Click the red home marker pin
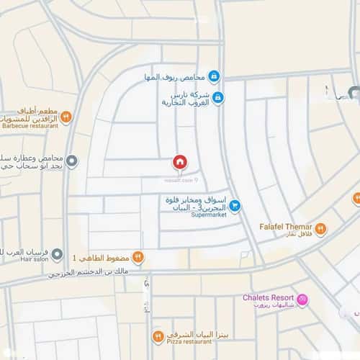[179, 162]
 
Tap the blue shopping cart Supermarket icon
[235, 205]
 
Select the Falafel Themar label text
[285, 226]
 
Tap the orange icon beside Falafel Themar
[320, 230]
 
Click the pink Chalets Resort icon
[303, 299]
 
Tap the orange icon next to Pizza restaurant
[158, 337]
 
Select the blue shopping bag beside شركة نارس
[217, 98]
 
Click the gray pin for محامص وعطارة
[71, 161]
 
